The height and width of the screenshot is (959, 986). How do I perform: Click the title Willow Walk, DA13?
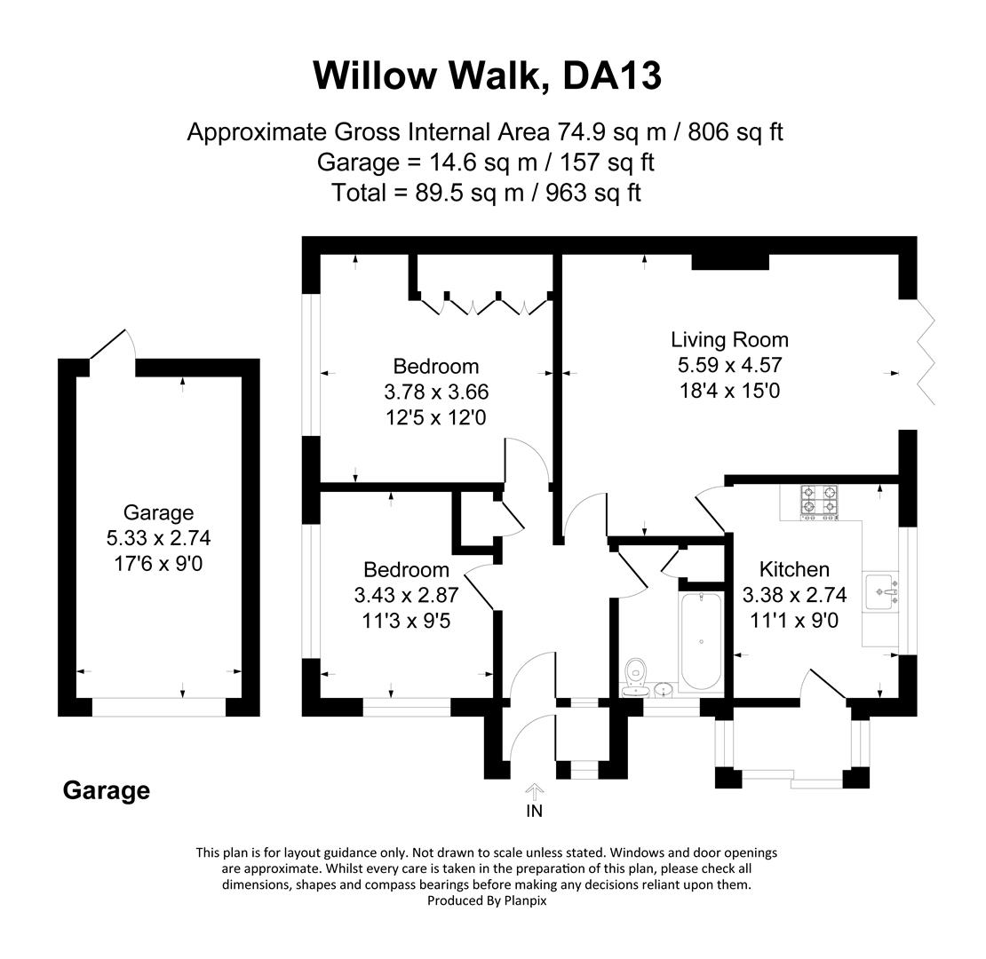click(487, 75)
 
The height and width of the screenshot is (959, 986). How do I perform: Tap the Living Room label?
click(728, 339)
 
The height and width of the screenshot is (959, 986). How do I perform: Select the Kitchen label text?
click(794, 569)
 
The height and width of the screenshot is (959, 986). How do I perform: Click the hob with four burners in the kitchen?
click(819, 501)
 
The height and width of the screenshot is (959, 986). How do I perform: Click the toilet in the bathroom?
click(635, 674)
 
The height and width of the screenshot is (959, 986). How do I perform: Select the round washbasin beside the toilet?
click(664, 688)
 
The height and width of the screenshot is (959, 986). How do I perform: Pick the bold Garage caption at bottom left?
click(106, 790)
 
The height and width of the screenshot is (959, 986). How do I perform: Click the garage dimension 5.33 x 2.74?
click(158, 538)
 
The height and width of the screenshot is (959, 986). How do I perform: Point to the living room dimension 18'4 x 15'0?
click(728, 390)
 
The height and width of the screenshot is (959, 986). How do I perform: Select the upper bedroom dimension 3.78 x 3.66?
click(435, 392)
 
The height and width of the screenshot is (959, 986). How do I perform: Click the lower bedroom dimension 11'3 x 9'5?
click(406, 621)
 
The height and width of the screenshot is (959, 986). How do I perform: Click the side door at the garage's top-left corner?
click(111, 345)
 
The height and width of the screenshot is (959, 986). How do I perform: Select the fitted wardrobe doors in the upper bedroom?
click(485, 304)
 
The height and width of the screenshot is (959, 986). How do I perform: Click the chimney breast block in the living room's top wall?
click(729, 261)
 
